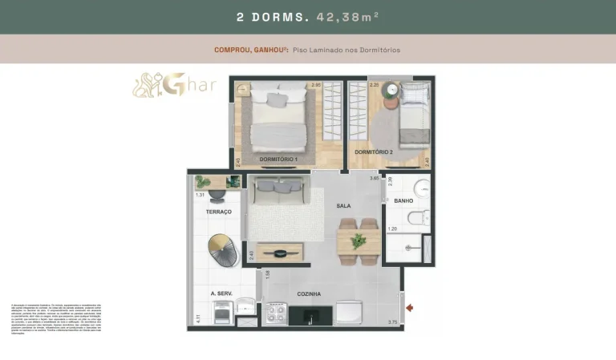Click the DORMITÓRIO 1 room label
coord(278,160)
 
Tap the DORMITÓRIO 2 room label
coord(373,152)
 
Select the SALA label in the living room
coord(343,206)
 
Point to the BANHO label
coord(403,201)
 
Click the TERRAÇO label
coord(218,212)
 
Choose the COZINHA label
coord(309,294)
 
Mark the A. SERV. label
coord(221,294)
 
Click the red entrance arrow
coord(411,307)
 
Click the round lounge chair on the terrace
coord(222,249)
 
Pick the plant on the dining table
coord(358,241)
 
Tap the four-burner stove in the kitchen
coord(276,312)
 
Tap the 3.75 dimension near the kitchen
coord(392,322)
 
